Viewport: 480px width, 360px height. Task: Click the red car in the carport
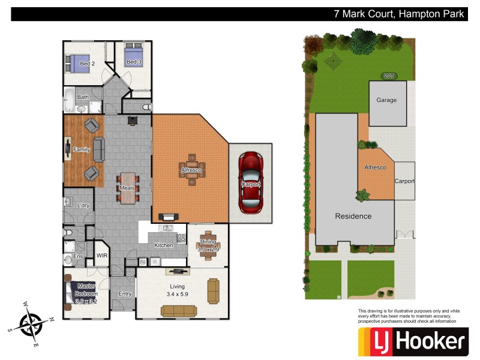(x=251, y=182)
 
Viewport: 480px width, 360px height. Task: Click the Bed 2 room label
(x=87, y=64)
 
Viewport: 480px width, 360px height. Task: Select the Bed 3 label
(x=134, y=62)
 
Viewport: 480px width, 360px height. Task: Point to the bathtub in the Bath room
(x=69, y=101)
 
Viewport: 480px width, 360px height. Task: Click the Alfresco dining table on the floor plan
(x=191, y=170)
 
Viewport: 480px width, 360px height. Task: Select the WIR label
(x=101, y=256)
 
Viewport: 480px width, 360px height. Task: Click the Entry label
(x=125, y=294)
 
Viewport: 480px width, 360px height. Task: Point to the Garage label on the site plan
(x=386, y=100)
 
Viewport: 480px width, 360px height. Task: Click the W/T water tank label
(x=389, y=76)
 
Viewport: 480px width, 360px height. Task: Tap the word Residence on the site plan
(x=353, y=216)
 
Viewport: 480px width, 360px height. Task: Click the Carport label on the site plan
(x=404, y=181)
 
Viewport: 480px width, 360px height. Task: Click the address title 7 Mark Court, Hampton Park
(x=399, y=14)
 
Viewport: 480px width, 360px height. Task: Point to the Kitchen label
(x=164, y=245)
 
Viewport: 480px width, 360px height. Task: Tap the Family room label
(x=81, y=149)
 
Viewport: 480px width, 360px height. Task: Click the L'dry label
(x=83, y=206)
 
